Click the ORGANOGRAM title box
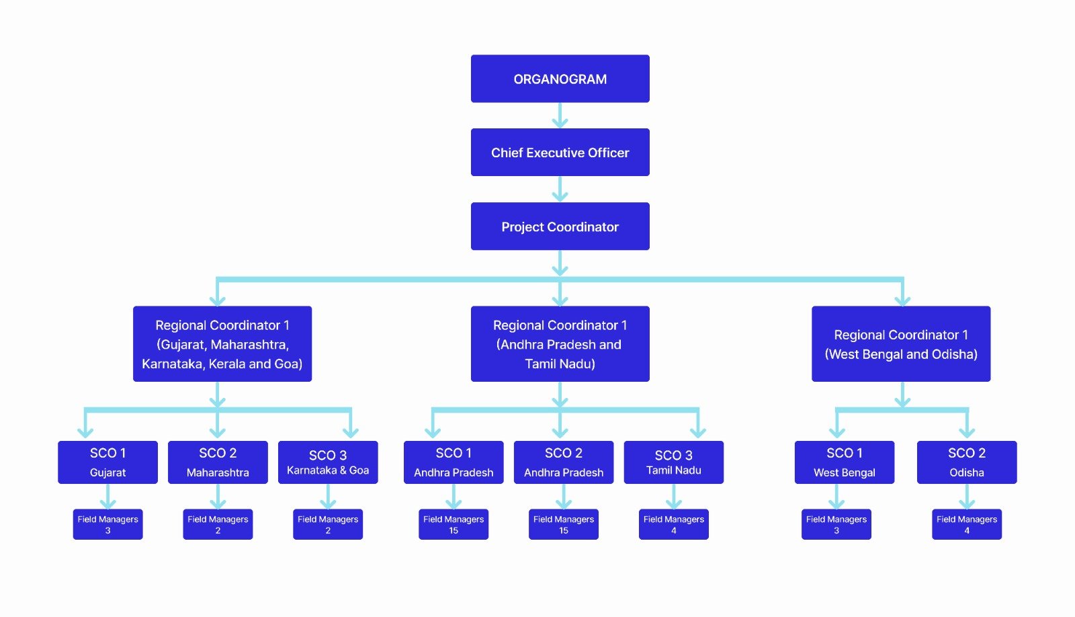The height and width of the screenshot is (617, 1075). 560,79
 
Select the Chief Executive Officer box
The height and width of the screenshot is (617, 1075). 560,153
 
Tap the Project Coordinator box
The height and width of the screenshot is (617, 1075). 560,227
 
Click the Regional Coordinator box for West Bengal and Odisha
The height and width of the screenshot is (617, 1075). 900,344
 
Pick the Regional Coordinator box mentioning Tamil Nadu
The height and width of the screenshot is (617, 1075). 560,344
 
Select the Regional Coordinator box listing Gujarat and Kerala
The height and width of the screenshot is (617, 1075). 222,344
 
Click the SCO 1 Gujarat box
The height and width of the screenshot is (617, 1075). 107,462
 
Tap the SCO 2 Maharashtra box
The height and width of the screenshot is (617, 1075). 218,462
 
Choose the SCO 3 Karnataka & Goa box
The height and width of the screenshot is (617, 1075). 328,462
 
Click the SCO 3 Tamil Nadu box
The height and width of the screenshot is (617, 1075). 673,462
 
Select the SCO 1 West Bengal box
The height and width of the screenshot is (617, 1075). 844,462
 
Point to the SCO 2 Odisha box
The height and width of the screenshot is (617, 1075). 966,462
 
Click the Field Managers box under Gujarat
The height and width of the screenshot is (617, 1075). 107,524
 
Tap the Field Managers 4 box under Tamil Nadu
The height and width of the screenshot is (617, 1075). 673,524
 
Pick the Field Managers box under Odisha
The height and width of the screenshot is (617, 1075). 966,524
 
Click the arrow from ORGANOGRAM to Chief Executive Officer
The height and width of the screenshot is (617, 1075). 560,116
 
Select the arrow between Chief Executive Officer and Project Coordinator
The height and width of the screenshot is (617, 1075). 560,190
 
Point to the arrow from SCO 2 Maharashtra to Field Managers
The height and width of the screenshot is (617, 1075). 218,497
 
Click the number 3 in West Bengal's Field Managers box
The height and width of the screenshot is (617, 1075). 836,531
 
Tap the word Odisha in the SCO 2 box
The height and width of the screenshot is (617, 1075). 966,472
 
